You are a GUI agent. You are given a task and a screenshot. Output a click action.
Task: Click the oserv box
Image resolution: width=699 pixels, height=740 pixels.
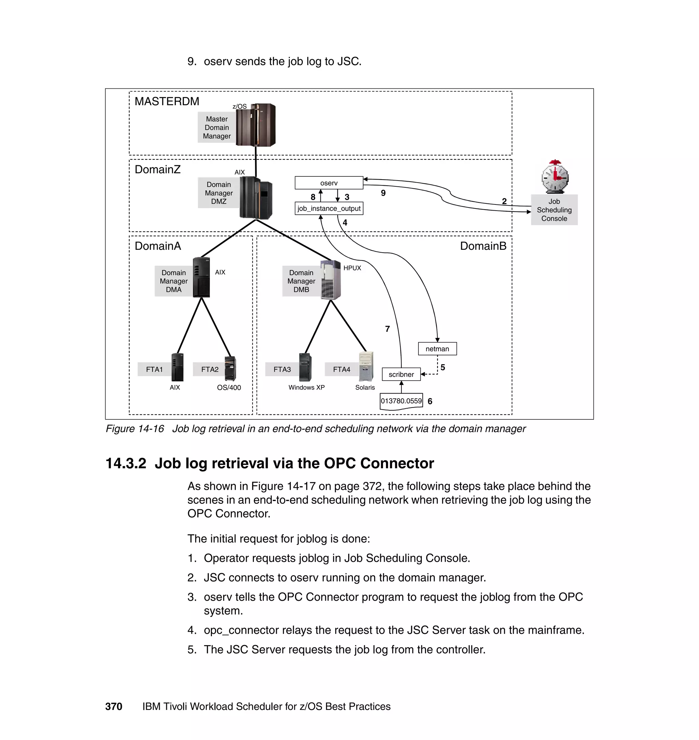[329, 183]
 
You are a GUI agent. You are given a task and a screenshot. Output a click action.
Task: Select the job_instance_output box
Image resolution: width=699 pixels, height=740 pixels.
[329, 209]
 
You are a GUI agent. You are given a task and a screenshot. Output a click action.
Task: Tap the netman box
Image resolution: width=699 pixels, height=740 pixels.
[437, 349]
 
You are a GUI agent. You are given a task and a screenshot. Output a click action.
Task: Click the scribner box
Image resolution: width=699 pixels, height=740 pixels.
[401, 374]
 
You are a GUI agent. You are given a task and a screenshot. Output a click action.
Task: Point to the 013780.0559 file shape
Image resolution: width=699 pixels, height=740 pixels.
[401, 401]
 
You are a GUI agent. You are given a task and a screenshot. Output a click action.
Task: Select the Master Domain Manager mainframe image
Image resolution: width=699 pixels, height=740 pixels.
[256, 125]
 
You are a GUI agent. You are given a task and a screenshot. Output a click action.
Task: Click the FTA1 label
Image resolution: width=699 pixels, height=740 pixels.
[154, 369]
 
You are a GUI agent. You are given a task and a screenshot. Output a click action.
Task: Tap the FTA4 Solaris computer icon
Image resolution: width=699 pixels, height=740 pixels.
[366, 366]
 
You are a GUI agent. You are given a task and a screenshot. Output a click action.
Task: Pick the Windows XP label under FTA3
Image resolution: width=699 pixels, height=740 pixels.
[306, 387]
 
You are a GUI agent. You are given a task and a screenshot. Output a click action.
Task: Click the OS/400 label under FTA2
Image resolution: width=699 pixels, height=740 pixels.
[229, 387]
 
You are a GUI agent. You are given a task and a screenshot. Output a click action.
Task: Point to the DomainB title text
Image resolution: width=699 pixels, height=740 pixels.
[483, 246]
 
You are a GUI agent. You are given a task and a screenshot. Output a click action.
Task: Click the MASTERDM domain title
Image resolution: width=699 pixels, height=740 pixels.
[167, 101]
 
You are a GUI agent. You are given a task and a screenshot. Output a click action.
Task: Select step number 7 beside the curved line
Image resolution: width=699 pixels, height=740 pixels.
[387, 329]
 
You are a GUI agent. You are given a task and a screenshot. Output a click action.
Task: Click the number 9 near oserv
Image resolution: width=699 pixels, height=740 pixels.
[383, 193]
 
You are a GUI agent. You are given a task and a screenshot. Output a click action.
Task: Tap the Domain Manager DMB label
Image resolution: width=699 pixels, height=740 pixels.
[301, 281]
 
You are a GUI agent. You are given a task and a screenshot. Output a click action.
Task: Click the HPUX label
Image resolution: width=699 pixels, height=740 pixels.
[352, 268]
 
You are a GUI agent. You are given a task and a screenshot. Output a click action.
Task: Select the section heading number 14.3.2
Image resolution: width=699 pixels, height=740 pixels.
[126, 464]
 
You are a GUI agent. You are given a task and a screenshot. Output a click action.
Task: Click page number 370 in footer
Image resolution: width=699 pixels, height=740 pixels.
[114, 707]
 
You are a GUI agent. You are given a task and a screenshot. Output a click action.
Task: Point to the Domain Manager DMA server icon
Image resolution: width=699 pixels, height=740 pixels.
[201, 277]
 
